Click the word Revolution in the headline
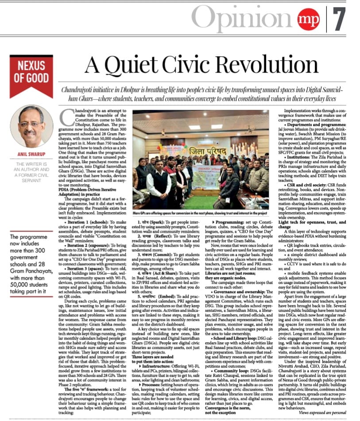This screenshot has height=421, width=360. coord(250,65)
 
